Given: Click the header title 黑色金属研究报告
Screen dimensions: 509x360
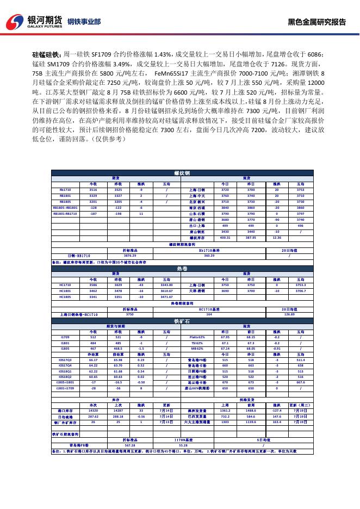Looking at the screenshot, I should [x=316, y=22].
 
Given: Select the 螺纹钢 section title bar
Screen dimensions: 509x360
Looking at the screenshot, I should [x=182, y=173].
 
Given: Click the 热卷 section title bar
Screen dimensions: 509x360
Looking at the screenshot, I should [x=182, y=269].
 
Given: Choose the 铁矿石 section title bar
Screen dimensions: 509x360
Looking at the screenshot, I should [x=182, y=321].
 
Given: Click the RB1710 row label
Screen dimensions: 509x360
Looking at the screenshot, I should [x=65, y=190].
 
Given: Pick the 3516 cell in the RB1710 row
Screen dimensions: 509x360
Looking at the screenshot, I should [x=93, y=190].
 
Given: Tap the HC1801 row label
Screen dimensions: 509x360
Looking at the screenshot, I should [x=65, y=291].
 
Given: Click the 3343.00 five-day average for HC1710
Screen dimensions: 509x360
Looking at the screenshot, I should [x=167, y=285].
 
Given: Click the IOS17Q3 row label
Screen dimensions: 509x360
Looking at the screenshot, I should [x=65, y=359].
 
